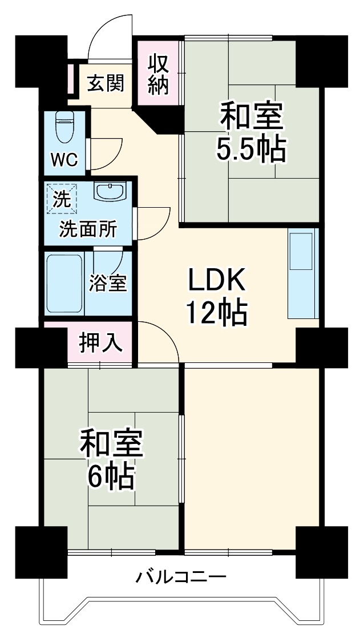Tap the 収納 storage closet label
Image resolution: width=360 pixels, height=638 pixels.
[158, 74]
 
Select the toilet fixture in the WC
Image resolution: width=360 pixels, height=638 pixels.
[63, 126]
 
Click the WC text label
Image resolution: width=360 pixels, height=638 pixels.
[64, 160]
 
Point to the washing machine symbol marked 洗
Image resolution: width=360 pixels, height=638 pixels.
[62, 199]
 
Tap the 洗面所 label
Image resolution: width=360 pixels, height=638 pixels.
[88, 230]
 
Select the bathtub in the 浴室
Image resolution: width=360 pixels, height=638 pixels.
[65, 284]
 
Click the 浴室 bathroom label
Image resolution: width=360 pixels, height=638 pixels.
[108, 283]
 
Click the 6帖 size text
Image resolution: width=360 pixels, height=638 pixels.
[111, 476]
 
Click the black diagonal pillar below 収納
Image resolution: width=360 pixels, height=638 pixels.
[159, 119]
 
